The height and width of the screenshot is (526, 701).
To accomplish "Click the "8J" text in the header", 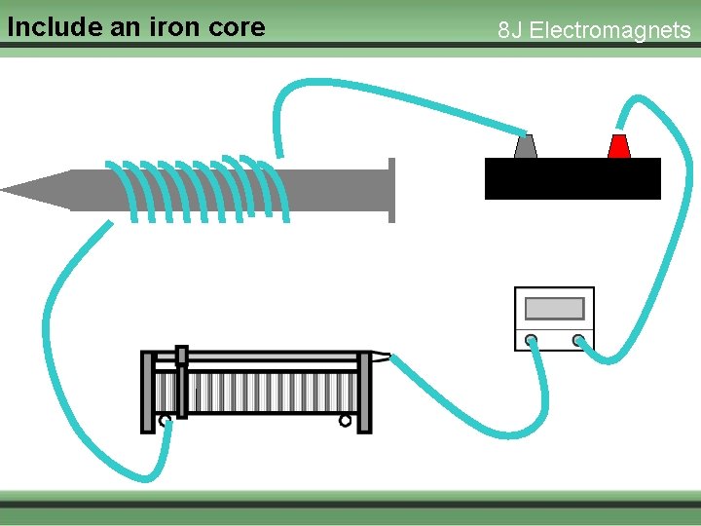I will click(510, 30).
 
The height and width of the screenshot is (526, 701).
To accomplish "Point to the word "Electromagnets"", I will click(609, 30).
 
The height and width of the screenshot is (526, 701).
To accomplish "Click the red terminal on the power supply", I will click(618, 146).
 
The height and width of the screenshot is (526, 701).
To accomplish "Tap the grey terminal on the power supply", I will click(525, 147).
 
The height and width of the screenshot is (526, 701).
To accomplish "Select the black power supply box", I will click(572, 178).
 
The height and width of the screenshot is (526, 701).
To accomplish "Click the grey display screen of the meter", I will click(554, 308).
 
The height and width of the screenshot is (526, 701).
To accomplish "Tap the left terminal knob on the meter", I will click(531, 340).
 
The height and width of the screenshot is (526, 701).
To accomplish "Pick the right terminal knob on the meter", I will click(578, 340).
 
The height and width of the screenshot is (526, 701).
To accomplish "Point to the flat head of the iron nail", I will click(391, 190).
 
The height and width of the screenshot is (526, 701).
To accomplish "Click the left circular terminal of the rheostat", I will click(165, 421).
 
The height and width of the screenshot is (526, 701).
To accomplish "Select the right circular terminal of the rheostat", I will click(345, 421).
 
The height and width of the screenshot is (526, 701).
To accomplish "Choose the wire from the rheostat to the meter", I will click(458, 409).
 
